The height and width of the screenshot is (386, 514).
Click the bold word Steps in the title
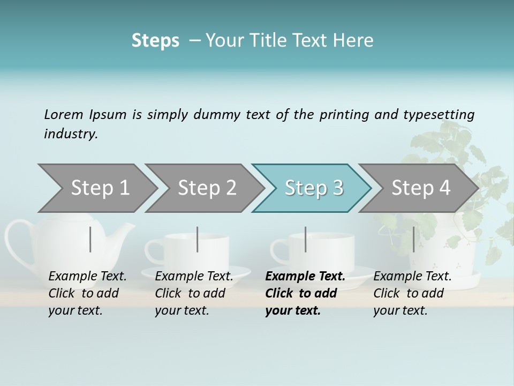155,41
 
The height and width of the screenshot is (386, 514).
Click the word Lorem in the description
63,114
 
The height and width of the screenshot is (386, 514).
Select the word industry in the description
70,134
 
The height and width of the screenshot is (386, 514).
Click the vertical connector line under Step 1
90,239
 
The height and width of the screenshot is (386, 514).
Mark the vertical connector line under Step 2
198,239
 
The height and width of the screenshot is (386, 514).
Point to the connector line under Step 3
305,239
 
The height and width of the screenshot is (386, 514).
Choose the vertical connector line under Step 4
413,239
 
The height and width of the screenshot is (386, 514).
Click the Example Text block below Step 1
87,293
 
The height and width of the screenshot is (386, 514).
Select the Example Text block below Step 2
194,293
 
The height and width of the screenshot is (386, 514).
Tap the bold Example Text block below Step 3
305,293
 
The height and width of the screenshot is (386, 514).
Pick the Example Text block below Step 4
412,293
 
